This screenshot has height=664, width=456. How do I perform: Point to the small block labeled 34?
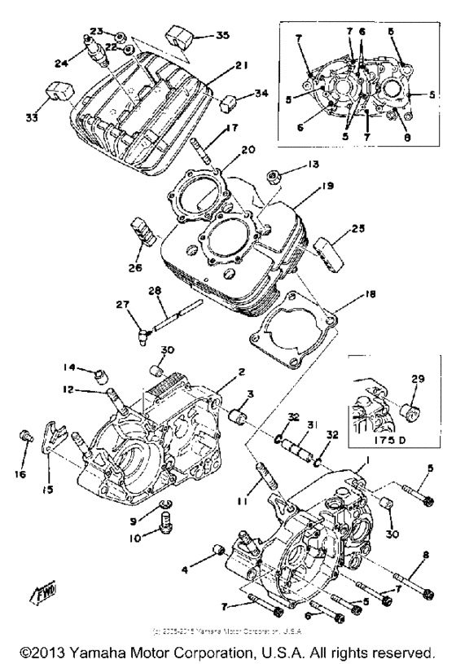(229, 103)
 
